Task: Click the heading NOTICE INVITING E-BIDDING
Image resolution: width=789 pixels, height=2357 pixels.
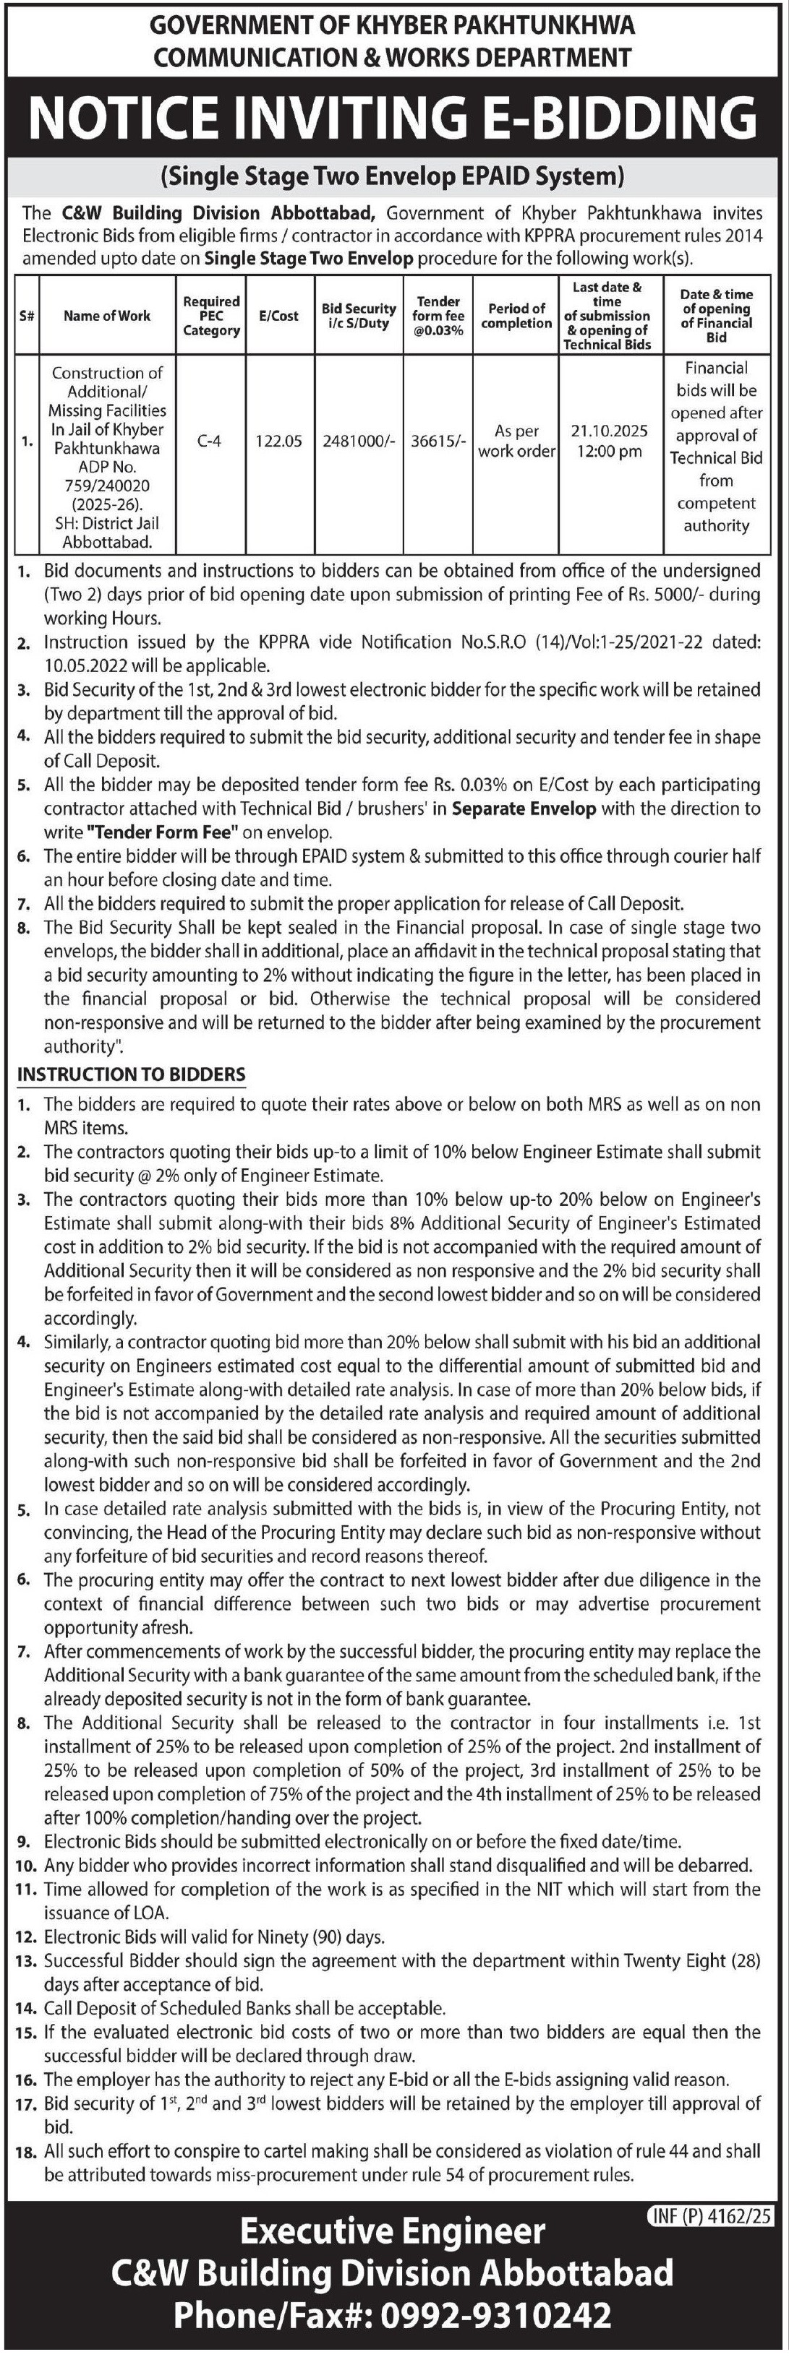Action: click(393, 118)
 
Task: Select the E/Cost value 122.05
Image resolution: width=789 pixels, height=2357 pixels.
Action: click(278, 441)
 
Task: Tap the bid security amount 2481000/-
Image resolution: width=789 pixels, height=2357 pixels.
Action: click(358, 441)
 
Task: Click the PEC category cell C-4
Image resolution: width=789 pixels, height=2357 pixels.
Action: click(210, 441)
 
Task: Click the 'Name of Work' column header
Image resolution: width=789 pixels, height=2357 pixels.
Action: click(107, 316)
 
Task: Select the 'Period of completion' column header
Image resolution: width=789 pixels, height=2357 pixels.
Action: click(516, 316)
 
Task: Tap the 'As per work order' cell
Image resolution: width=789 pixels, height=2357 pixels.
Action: click(516, 441)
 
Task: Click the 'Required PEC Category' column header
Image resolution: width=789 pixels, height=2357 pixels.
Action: click(210, 316)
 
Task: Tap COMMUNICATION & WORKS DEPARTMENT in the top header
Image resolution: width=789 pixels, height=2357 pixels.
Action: click(393, 58)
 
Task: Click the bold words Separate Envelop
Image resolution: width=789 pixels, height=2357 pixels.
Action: click(524, 809)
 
